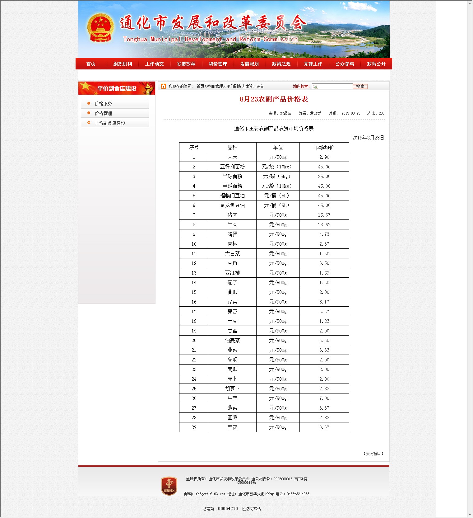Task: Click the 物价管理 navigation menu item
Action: coord(218,64)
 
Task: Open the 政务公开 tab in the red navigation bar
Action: coord(376,64)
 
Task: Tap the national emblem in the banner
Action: coord(100,28)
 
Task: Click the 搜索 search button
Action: coord(360,87)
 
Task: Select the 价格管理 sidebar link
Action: coord(103,113)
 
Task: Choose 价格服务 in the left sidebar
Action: coord(103,104)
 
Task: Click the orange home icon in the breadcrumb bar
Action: coord(164,86)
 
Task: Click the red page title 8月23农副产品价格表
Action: coord(274,99)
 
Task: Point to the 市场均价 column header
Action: coord(324,147)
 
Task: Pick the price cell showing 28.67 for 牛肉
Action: coord(324,225)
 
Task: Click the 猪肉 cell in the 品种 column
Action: coord(232,215)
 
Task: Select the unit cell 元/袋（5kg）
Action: coord(277,177)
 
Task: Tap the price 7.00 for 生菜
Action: coord(324,398)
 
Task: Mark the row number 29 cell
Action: coord(194,427)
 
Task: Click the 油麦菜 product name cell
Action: coord(232,341)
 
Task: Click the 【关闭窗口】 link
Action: coord(373,454)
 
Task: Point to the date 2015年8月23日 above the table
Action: coord(368,138)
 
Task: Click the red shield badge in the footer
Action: coord(169,486)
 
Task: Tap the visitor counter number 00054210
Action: coord(228,509)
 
